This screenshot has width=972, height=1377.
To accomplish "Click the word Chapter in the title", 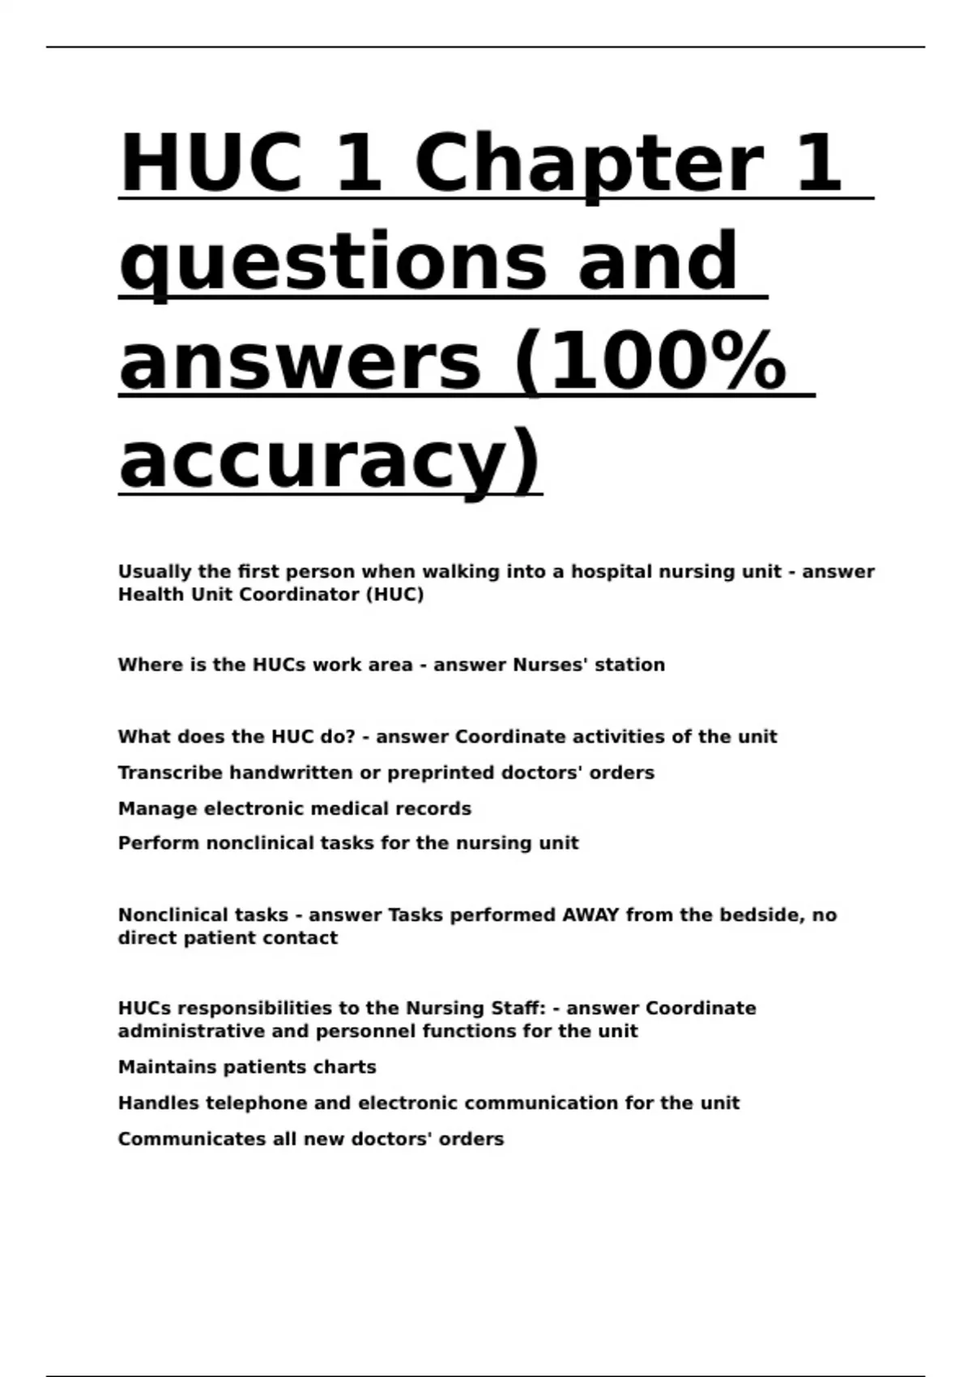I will pyautogui.click(x=589, y=164).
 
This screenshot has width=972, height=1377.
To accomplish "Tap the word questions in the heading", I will pyautogui.click(x=334, y=262).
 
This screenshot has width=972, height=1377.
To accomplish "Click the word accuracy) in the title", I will pyautogui.click(x=330, y=462).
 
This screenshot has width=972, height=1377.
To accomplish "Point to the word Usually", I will pyautogui.click(x=155, y=572).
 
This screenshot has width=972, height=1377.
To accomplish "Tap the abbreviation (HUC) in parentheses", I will pyautogui.click(x=394, y=595).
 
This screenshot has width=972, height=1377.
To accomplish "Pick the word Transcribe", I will pyautogui.click(x=170, y=773).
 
